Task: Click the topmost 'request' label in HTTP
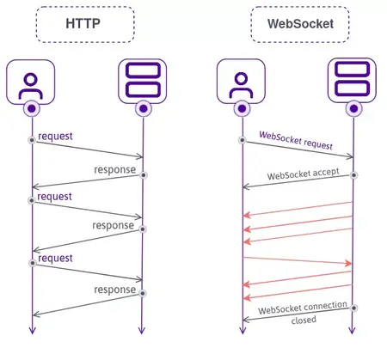tap(55, 136)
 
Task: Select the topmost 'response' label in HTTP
tap(115, 169)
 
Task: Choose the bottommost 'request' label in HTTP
tap(55, 257)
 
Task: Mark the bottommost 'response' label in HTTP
tap(115, 290)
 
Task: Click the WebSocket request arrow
tap(298, 149)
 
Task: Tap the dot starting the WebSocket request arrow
tap(243, 139)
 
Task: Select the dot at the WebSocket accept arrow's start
tap(353, 174)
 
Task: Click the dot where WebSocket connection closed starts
tap(353, 307)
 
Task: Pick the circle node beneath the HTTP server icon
tap(142, 108)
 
